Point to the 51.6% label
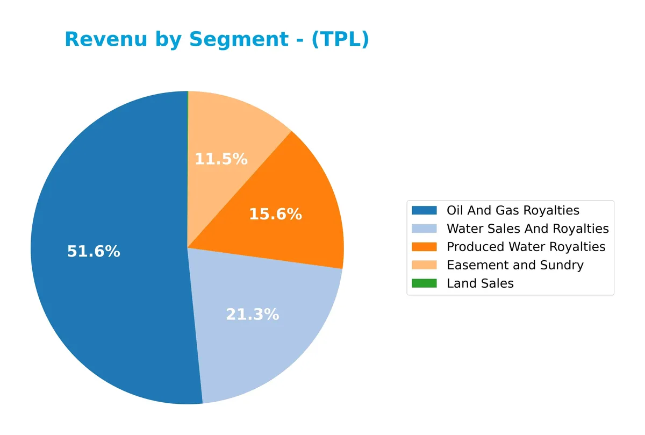94,251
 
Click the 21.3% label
252,315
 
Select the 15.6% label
275,215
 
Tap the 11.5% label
221,159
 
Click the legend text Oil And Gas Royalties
513,210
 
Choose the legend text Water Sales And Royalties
527,229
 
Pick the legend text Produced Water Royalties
526,247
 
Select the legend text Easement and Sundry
515,265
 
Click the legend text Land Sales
480,283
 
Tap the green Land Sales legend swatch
424,283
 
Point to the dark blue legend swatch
424,210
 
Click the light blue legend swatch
424,229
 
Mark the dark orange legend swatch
424,247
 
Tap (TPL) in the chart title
340,39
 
